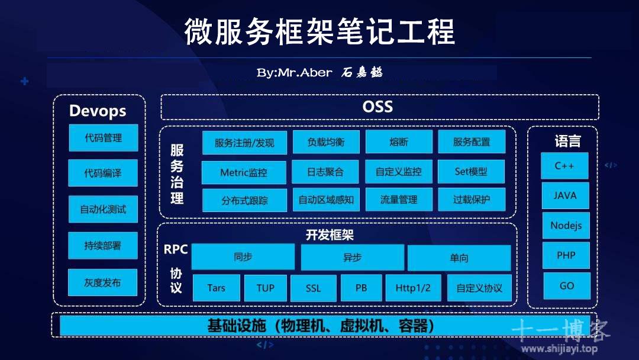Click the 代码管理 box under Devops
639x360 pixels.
point(104,138)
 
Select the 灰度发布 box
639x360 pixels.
point(103,282)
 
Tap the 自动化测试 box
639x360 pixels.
point(103,209)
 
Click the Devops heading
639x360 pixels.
point(98,111)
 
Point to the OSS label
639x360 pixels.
point(377,107)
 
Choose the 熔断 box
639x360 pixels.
point(399,142)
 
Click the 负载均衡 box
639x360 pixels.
point(326,142)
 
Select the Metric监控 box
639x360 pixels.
point(244,172)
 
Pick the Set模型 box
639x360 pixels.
point(471,172)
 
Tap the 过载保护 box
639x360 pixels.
point(472,200)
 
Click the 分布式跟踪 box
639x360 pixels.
point(244,200)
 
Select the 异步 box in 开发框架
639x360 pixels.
point(353,257)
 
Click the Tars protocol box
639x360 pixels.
point(217,288)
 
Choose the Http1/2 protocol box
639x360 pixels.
point(413,288)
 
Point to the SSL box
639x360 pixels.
point(314,288)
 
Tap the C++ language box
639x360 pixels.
point(564,166)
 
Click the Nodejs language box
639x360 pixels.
point(566,226)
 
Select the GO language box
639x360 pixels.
point(567,286)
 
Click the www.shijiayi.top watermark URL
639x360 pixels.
point(560,349)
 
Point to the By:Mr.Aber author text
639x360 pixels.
point(294,73)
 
